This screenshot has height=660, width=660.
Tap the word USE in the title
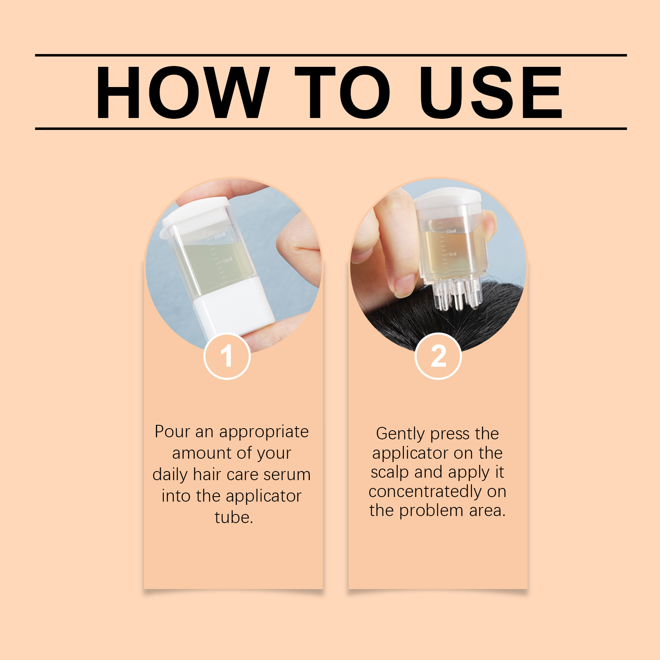491,92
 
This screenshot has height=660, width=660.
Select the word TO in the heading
342,92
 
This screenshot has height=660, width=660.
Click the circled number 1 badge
227,356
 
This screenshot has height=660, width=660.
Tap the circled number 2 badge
438,356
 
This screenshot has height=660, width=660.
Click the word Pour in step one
172,431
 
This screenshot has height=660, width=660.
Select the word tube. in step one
233,517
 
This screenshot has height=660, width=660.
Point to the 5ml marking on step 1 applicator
227,260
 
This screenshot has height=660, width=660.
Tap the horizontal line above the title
331,55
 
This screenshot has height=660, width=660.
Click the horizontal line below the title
331,129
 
